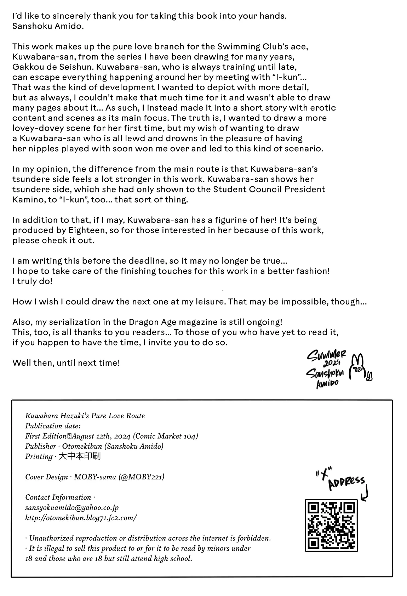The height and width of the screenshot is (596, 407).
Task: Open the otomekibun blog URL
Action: [x=81, y=518]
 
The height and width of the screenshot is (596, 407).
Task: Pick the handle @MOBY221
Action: [x=142, y=477]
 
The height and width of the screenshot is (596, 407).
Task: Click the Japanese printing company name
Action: [x=79, y=456]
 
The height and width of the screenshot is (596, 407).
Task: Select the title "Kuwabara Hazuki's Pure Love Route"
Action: [x=85, y=416]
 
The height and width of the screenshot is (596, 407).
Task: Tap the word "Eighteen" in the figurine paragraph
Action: [x=86, y=230]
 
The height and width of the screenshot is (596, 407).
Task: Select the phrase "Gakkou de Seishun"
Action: [x=48, y=67]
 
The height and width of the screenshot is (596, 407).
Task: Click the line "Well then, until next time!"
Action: [x=66, y=363]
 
